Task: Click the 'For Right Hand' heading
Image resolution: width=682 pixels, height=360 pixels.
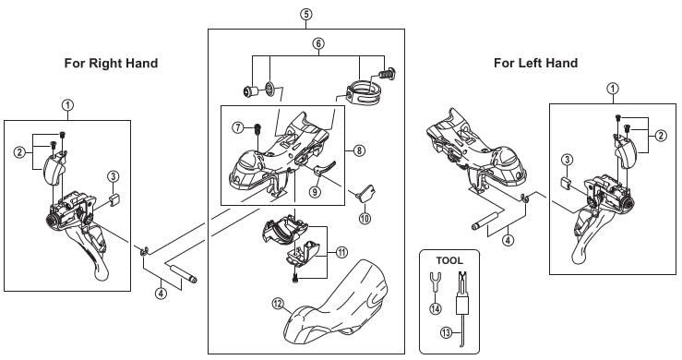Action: (x=111, y=63)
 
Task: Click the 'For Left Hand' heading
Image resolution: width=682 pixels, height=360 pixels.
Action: (x=535, y=63)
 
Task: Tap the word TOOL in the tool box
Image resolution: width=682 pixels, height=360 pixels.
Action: (x=449, y=260)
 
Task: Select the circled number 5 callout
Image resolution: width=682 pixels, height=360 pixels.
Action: (x=305, y=14)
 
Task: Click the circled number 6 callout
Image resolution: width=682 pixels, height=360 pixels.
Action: (x=318, y=43)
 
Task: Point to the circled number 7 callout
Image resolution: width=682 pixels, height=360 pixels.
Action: (x=238, y=127)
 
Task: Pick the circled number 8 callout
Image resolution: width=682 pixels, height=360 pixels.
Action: (x=359, y=150)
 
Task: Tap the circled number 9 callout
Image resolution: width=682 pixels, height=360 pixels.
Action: (x=315, y=191)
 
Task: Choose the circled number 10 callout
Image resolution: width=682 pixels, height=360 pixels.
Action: (x=365, y=218)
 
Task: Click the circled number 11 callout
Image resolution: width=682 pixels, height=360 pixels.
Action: (x=341, y=252)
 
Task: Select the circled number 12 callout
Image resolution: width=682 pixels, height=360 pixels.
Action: (x=279, y=303)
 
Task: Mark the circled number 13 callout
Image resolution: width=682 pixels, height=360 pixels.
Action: (x=446, y=333)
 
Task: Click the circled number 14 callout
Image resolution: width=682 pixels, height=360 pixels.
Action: (x=435, y=308)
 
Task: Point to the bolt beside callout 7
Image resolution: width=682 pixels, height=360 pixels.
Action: (x=257, y=128)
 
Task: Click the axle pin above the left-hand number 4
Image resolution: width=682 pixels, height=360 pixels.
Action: (x=486, y=221)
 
